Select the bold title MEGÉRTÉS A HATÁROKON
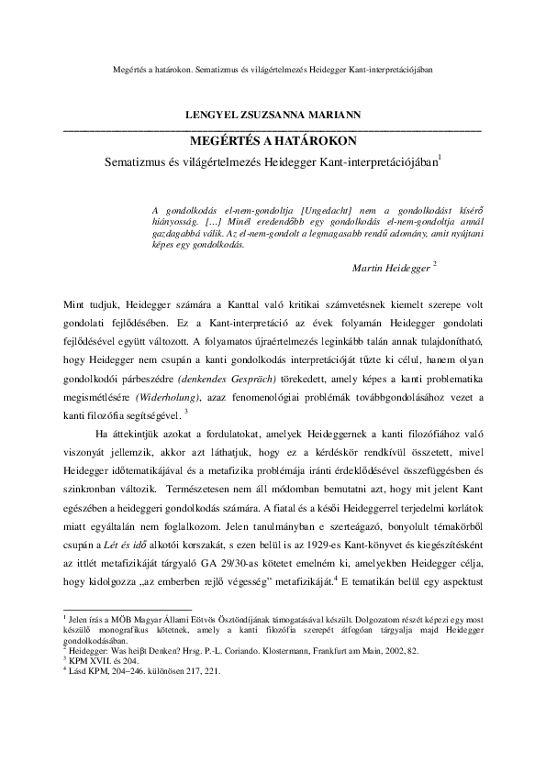tap(273, 141)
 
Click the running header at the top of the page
tap(272, 68)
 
